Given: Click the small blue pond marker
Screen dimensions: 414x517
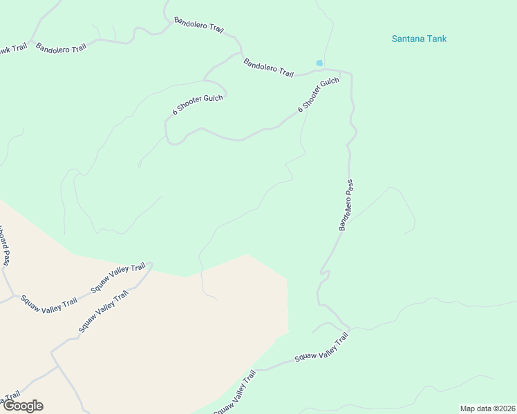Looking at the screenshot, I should (319, 63).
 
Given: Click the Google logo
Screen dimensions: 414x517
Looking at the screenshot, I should (22, 406).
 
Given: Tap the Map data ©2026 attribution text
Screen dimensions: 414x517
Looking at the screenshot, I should (487, 408).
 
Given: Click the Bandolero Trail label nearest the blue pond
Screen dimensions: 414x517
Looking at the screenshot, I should (268, 68).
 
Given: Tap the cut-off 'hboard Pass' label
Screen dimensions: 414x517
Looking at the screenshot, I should (4, 246).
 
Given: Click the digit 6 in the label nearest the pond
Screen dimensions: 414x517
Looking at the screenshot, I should (301, 110).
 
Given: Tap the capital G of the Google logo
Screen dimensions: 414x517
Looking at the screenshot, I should (8, 406).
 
